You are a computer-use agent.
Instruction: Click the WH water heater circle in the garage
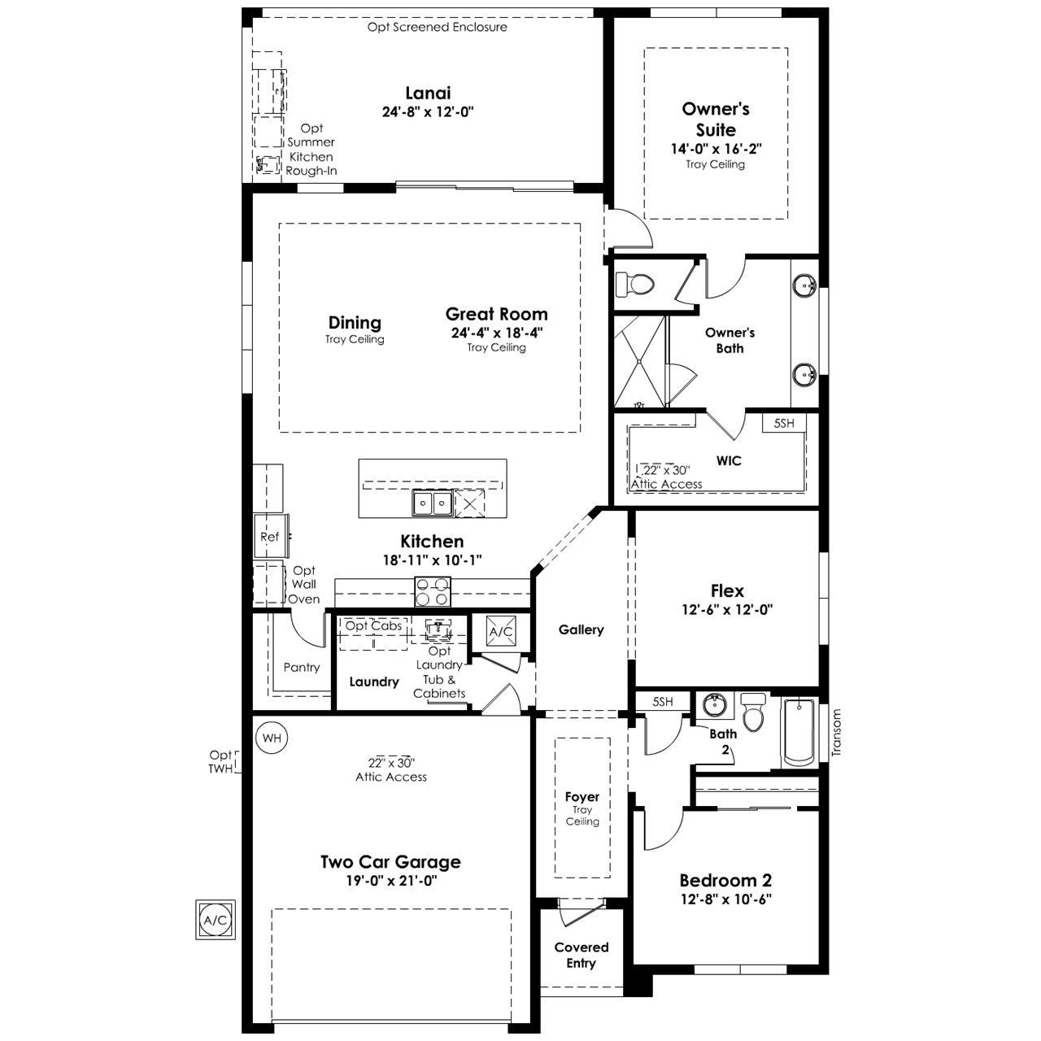(x=272, y=738)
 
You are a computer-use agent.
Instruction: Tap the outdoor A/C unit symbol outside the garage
(x=216, y=920)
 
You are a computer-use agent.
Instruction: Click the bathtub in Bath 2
(x=799, y=733)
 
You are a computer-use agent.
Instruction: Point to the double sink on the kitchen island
(x=432, y=503)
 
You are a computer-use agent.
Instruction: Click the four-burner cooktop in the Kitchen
(x=432, y=592)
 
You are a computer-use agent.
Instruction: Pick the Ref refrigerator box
(x=271, y=537)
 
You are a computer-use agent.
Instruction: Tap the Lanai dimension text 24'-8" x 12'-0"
(x=428, y=111)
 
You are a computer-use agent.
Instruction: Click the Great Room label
(x=496, y=314)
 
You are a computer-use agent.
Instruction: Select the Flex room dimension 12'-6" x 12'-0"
(x=727, y=609)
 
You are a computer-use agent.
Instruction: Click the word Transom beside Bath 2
(x=837, y=732)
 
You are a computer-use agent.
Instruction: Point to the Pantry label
(x=302, y=667)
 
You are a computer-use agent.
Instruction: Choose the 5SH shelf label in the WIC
(x=784, y=423)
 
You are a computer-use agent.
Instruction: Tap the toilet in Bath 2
(x=752, y=712)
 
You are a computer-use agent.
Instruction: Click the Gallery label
(x=581, y=629)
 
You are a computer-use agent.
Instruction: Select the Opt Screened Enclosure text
(x=437, y=27)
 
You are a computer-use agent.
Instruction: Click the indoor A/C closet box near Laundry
(x=501, y=631)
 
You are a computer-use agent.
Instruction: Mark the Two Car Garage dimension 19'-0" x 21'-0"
(x=391, y=881)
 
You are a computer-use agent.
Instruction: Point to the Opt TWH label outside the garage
(x=221, y=762)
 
